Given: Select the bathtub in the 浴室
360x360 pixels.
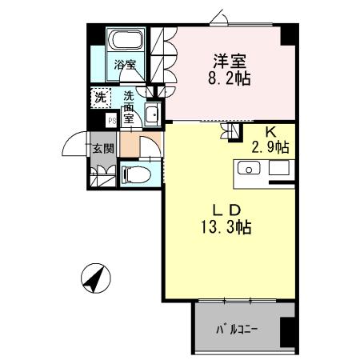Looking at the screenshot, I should [124, 40].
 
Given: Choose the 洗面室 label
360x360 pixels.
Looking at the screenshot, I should [128, 106].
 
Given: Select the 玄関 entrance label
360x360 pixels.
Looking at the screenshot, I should [102, 148].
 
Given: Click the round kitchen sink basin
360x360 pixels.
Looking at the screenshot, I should [247, 169].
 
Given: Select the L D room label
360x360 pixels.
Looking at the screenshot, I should [226, 210].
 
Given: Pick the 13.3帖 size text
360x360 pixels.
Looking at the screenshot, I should [226, 228].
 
